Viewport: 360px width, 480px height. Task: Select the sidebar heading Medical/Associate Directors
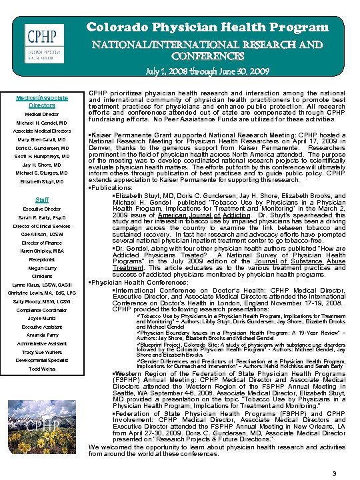pyautogui.click(x=41, y=101)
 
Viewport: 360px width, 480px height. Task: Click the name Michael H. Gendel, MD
pyautogui.click(x=41, y=123)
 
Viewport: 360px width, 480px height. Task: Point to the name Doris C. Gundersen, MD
pyautogui.click(x=41, y=148)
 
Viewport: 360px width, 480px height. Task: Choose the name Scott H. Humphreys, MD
pyautogui.click(x=41, y=156)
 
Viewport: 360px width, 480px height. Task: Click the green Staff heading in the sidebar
pyautogui.click(x=41, y=199)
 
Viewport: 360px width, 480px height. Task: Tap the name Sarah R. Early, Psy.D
pyautogui.click(x=41, y=217)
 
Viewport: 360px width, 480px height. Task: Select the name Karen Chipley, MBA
pyautogui.click(x=41, y=251)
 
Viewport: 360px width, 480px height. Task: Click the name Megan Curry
pyautogui.click(x=41, y=268)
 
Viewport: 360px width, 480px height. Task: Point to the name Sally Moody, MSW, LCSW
pyautogui.click(x=41, y=301)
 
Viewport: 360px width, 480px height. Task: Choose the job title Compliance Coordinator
pyautogui.click(x=41, y=310)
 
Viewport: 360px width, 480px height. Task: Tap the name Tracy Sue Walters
pyautogui.click(x=41, y=352)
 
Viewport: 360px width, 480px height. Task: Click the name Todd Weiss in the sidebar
pyautogui.click(x=41, y=369)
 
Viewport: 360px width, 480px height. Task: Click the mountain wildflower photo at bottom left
pyautogui.click(x=41, y=421)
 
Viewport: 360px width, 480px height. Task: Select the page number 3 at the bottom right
pyautogui.click(x=334, y=455)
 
